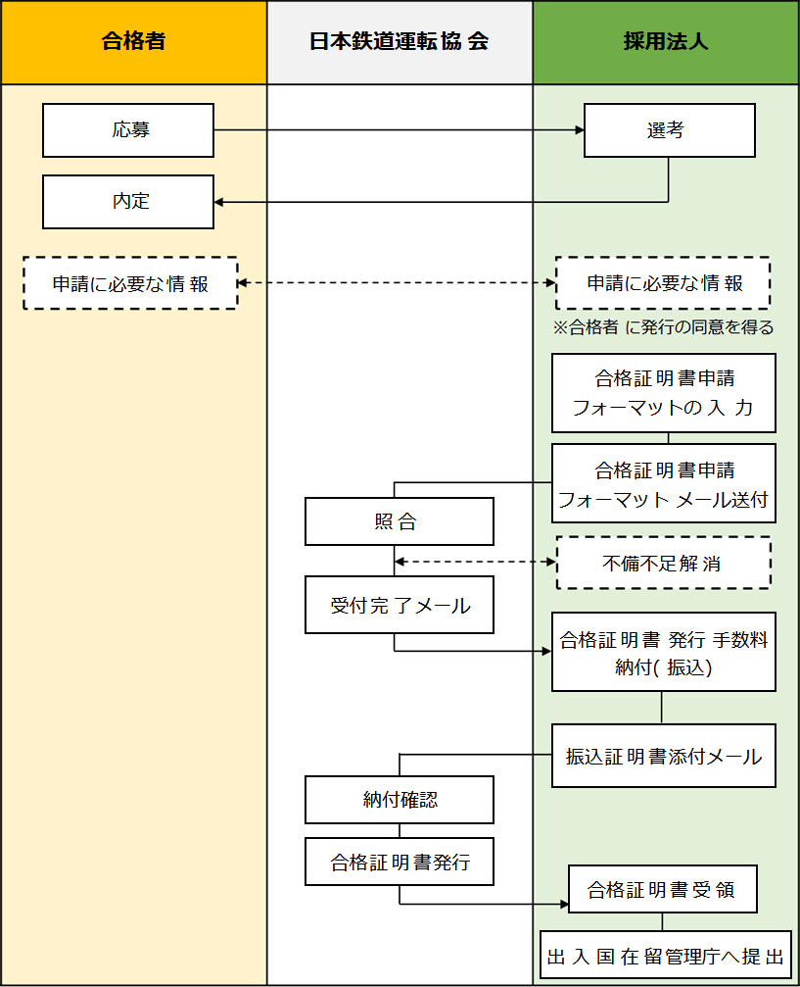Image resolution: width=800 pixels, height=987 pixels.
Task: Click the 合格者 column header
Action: click(x=133, y=42)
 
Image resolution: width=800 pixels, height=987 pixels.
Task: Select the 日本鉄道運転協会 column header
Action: click(x=400, y=42)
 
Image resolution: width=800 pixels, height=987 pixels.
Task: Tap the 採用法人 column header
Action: click(x=665, y=42)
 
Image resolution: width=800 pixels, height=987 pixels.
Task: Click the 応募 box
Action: click(x=128, y=130)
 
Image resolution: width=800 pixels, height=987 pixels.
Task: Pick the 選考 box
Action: click(x=669, y=130)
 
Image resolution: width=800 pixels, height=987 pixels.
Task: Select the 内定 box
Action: click(x=128, y=201)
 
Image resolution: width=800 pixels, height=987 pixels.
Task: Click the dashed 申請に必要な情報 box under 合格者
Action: click(x=130, y=283)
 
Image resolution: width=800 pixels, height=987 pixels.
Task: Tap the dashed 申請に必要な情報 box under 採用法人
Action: click(x=663, y=283)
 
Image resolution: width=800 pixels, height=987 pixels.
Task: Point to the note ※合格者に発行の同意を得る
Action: click(x=664, y=327)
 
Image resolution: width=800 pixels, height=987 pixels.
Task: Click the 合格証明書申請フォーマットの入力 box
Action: click(x=663, y=393)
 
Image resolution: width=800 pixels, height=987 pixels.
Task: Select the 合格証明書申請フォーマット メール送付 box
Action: click(x=663, y=483)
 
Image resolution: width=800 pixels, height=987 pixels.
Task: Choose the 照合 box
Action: click(x=399, y=521)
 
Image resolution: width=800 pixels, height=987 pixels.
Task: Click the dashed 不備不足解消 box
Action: click(x=663, y=564)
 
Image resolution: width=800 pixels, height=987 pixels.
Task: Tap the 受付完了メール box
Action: click(x=399, y=605)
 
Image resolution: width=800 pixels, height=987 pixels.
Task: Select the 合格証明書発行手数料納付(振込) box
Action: click(x=663, y=653)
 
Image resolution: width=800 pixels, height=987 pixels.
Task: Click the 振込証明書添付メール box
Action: click(x=663, y=756)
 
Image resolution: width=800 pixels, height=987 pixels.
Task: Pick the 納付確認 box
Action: click(x=399, y=800)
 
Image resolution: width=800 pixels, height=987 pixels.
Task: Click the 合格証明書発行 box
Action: click(x=399, y=863)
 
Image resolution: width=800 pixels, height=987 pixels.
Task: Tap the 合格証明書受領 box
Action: click(x=663, y=890)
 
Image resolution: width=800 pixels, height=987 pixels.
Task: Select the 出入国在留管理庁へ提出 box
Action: click(x=665, y=956)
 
